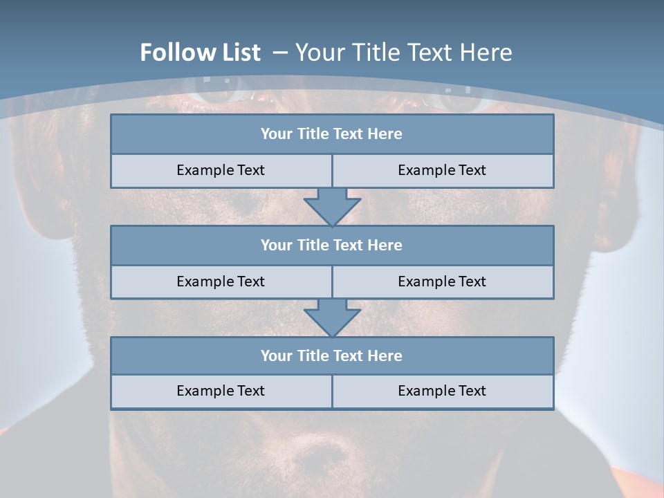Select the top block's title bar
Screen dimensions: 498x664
[332, 134]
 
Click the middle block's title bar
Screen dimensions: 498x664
[332, 245]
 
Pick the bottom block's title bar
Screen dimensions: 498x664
[332, 356]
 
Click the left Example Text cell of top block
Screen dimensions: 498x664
[221, 170]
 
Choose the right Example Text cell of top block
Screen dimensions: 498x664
[442, 170]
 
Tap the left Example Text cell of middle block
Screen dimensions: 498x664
[221, 282]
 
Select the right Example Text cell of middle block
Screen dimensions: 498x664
[442, 282]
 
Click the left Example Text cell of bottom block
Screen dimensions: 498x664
[221, 391]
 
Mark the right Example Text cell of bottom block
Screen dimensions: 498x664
[442, 391]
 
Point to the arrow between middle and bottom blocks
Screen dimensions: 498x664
[332, 317]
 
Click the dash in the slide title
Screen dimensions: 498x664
[280, 53]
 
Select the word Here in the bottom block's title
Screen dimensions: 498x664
[385, 356]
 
